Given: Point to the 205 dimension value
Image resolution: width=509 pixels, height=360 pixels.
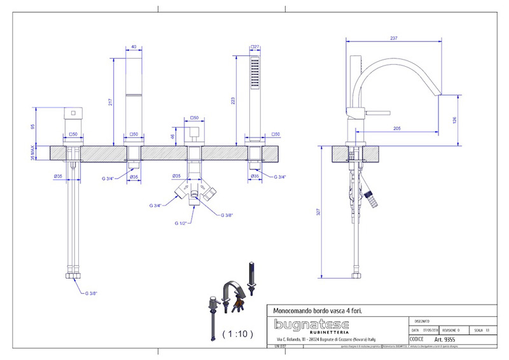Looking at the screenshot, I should pos(397,128).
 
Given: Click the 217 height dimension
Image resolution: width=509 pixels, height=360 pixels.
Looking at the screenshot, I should pos(110,102).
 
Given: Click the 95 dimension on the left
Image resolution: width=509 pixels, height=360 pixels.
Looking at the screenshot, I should pos(32,126).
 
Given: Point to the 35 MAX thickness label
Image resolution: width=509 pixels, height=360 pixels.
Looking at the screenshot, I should pos(32,153).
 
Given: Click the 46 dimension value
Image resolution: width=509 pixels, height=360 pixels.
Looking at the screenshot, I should pos(172,135).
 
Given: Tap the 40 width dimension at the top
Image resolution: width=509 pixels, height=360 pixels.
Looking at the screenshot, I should pos(134,46).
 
